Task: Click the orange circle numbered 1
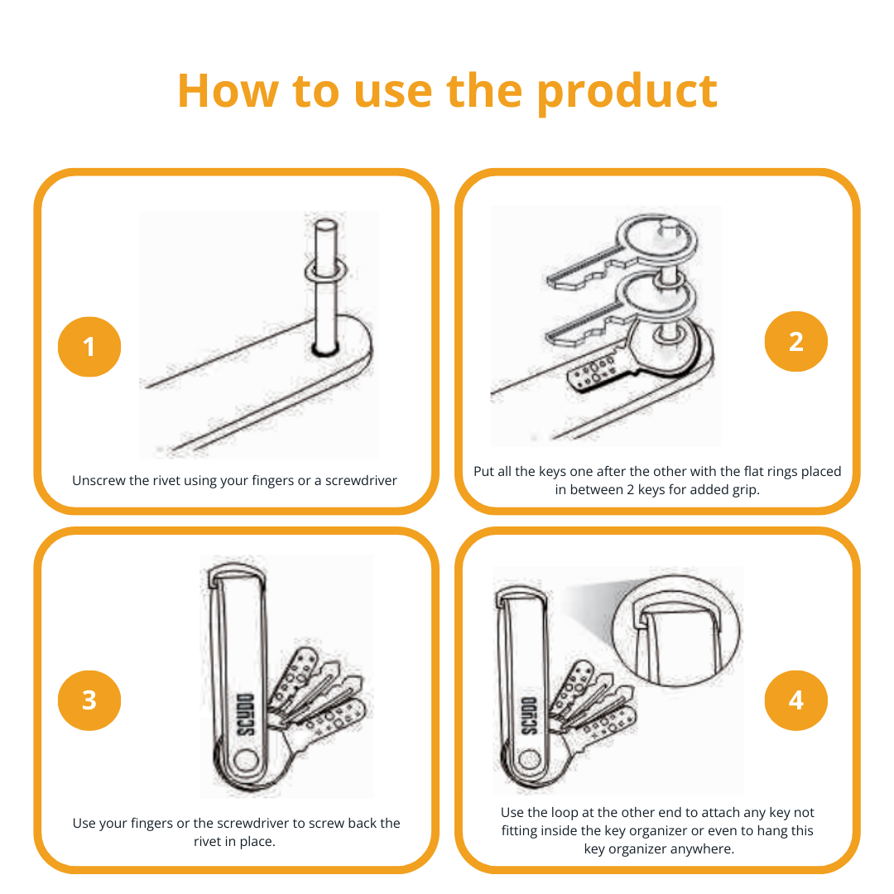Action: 89,347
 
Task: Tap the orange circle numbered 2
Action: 796,342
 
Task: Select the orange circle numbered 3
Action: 89,700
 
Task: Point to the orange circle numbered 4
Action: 796,700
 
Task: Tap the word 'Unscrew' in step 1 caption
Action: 99,481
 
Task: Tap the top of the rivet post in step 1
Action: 326,224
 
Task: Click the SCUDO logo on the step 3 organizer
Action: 247,714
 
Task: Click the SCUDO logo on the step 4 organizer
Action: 530,716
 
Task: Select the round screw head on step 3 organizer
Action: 246,761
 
